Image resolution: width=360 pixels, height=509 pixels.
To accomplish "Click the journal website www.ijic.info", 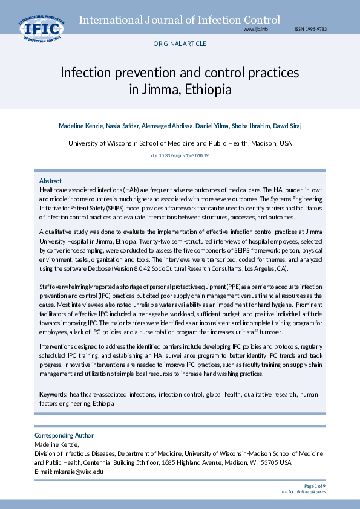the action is [x=255, y=29].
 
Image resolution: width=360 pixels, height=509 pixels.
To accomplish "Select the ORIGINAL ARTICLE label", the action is [x=180, y=44].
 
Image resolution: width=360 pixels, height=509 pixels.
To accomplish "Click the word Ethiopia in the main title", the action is [x=209, y=90].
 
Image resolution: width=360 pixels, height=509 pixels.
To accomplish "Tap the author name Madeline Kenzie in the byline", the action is [x=80, y=126].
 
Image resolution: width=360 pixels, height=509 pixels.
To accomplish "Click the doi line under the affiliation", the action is [x=180, y=156].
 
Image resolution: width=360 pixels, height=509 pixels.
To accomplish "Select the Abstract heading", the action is [x=50, y=181].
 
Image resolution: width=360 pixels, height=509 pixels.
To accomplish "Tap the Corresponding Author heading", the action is [x=64, y=435].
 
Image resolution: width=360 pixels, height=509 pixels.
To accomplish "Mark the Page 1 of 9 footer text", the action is [x=315, y=485].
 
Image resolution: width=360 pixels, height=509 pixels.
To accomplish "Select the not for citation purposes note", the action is [x=303, y=491].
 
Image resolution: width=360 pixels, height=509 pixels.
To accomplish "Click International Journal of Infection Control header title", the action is [x=180, y=20].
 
